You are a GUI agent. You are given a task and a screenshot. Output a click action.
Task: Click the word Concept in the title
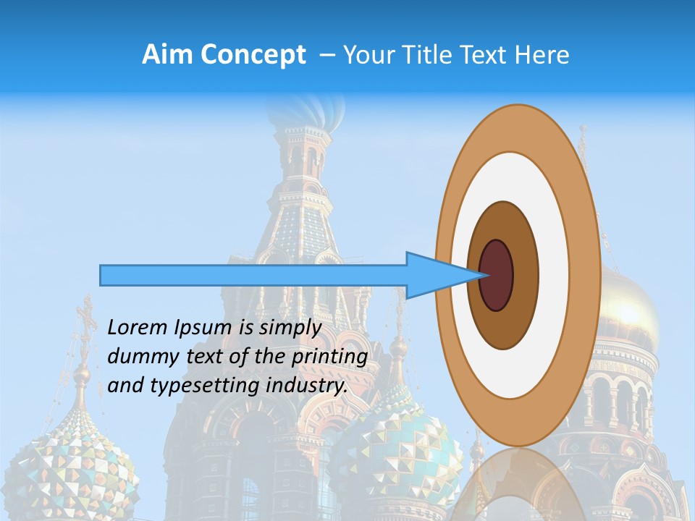253,55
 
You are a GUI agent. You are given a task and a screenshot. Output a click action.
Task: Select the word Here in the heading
543,55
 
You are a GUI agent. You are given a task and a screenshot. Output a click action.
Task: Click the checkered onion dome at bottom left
72,463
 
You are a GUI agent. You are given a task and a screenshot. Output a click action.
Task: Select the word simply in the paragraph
290,329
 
